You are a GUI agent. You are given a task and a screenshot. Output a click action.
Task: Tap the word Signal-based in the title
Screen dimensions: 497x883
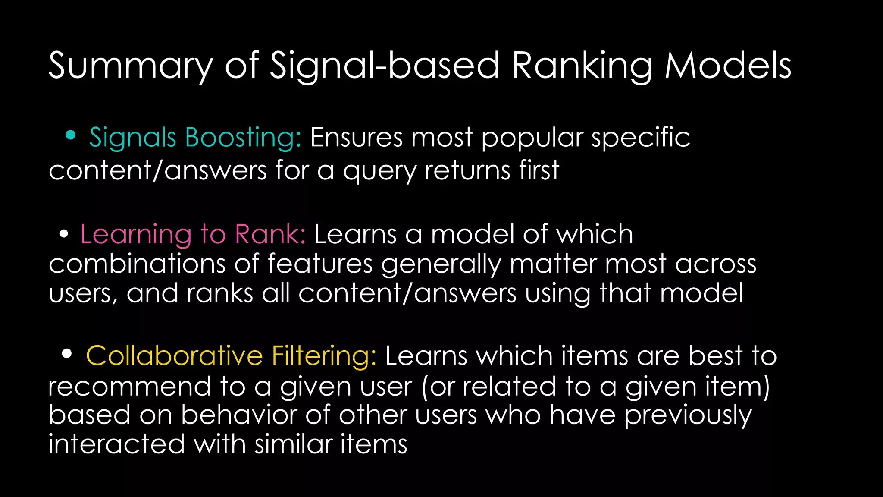(385, 66)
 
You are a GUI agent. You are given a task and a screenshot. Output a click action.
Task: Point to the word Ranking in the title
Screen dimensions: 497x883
(582, 66)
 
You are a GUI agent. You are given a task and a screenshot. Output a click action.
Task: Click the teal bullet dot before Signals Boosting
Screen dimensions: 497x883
(70, 135)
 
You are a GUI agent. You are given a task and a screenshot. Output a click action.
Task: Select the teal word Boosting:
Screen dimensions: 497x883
(243, 138)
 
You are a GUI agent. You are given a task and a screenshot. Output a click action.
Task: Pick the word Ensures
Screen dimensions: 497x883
(356, 138)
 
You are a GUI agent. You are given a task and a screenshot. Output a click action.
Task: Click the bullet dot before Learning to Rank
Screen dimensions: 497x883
(64, 234)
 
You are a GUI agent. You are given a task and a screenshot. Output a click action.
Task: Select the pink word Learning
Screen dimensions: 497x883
(136, 235)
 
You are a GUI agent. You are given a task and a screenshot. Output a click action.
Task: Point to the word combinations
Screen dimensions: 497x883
(137, 264)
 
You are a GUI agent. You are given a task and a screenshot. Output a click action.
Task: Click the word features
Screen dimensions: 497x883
(320, 264)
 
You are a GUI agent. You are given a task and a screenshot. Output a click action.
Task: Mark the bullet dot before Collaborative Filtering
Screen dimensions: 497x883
(66, 354)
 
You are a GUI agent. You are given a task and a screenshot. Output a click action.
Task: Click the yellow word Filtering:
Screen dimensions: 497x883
(324, 356)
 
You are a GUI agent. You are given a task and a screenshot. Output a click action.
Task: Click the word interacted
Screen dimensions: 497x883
(116, 444)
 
